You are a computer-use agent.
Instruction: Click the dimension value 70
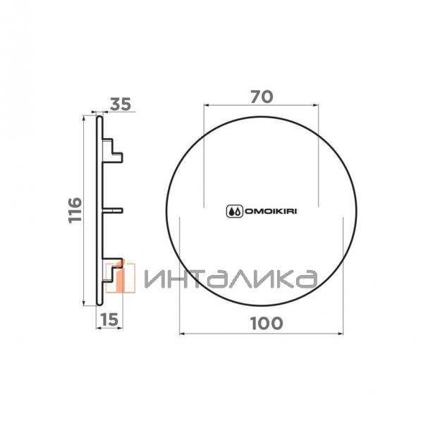pos(262,97)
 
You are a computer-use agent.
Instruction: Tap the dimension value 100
pos(266,324)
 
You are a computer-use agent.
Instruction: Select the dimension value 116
pos(75,210)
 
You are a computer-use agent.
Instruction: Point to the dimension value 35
pos(121,104)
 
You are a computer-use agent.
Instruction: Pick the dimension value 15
pos(110,320)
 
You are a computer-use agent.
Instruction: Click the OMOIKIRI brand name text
pos(271,211)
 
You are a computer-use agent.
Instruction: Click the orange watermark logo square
pos(121,278)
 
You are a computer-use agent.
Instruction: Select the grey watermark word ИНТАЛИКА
pos(231,279)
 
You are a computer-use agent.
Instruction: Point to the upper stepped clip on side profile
pos(113,151)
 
